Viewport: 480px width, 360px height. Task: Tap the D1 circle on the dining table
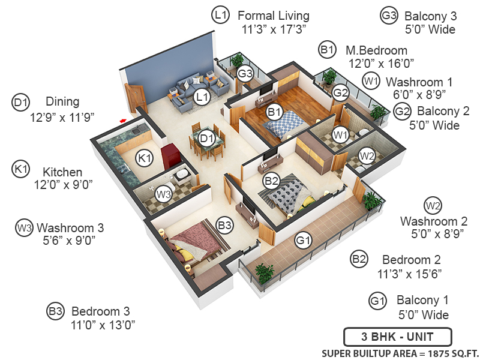pyautogui.click(x=207, y=139)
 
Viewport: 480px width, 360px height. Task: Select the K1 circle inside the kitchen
pyautogui.click(x=145, y=158)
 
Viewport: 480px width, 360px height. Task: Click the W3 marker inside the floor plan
pyautogui.click(x=164, y=194)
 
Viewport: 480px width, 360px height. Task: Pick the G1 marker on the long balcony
pyautogui.click(x=304, y=241)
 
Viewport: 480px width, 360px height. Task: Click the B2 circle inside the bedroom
pyautogui.click(x=271, y=179)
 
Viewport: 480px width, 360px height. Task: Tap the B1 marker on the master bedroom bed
pyautogui.click(x=275, y=111)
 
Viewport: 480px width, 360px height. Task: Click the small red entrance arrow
pyautogui.click(x=123, y=121)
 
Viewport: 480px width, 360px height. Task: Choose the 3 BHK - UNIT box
pyautogui.click(x=397, y=336)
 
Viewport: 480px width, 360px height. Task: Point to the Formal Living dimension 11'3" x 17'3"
pyautogui.click(x=274, y=29)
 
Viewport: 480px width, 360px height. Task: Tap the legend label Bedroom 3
pyautogui.click(x=100, y=311)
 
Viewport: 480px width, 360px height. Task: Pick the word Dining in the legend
pyautogui.click(x=62, y=102)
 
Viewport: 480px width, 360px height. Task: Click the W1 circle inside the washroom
pyautogui.click(x=341, y=135)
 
